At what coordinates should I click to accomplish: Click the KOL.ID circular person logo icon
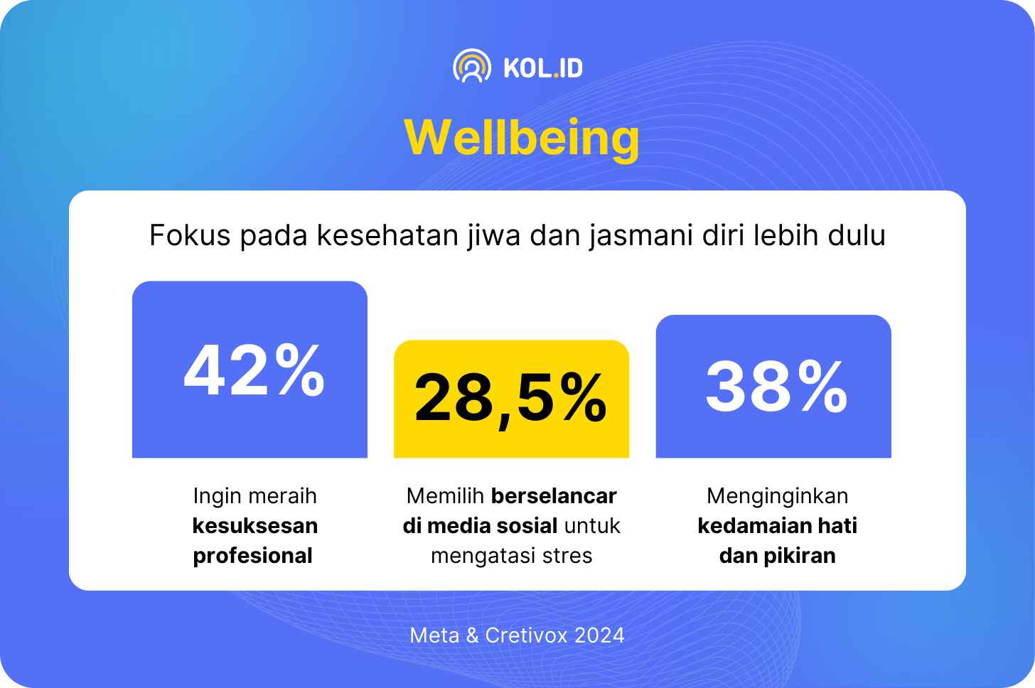472,66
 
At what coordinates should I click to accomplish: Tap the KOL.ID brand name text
543,68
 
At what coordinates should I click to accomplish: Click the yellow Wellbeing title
522,139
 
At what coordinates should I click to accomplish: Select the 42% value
254,370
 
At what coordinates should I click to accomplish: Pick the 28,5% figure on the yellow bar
510,398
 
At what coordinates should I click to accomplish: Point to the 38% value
777,386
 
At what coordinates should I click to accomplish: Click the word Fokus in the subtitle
190,235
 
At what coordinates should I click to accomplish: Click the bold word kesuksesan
255,526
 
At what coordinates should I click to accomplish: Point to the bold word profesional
253,556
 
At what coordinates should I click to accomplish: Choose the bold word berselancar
554,496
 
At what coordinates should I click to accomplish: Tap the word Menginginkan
777,497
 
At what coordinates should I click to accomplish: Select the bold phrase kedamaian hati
777,526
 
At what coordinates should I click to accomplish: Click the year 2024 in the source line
599,635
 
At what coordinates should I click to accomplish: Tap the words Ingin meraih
254,497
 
